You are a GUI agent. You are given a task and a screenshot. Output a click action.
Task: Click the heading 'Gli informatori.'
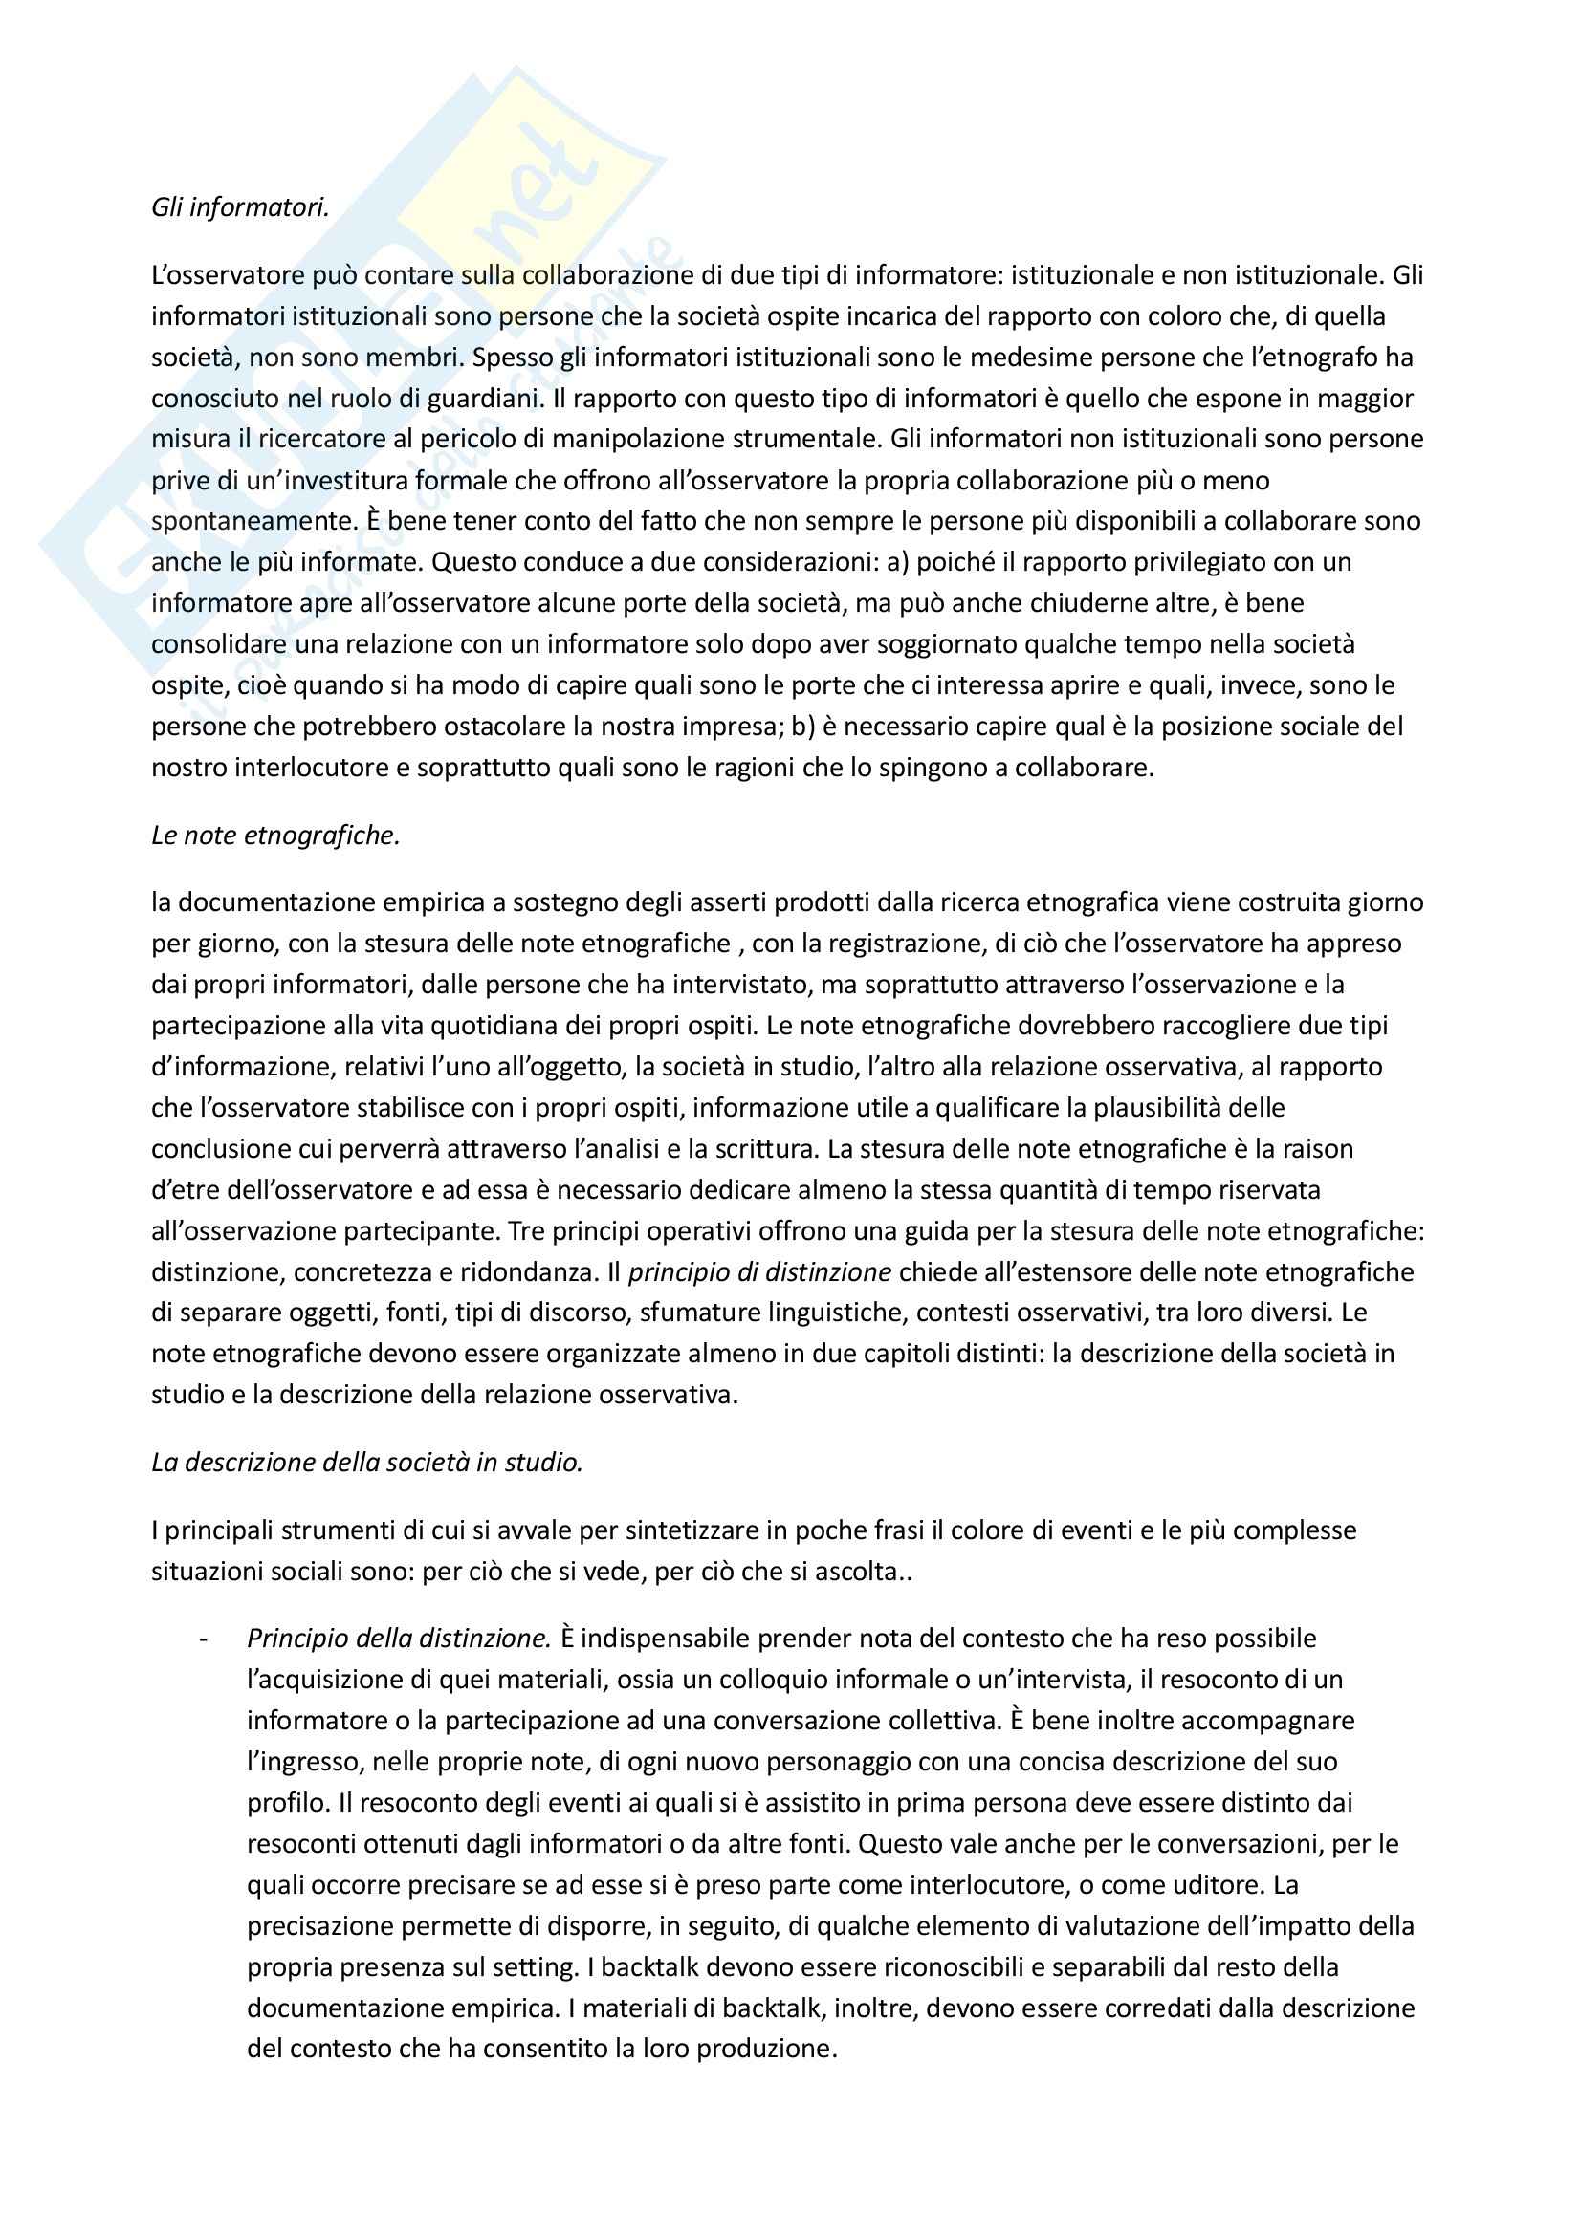pos(240,207)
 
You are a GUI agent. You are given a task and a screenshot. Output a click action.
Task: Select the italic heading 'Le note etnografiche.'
pos(275,836)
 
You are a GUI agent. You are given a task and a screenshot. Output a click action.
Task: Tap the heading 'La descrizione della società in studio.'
pos(366,1463)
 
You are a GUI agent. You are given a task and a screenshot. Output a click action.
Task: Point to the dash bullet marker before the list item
pos(204,1639)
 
